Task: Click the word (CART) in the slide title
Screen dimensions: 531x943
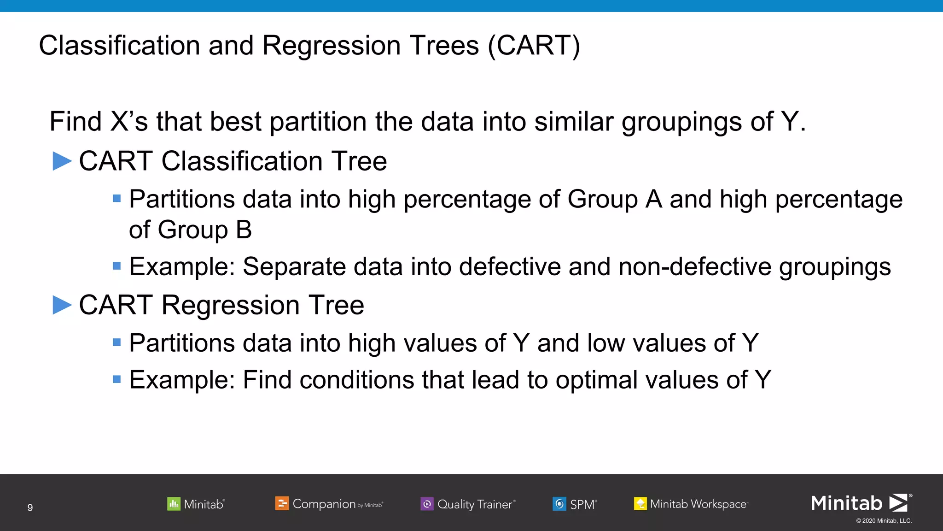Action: tap(534, 46)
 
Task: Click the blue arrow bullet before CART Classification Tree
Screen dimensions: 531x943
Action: tap(62, 161)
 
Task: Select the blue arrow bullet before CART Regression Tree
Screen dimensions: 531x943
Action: tap(62, 305)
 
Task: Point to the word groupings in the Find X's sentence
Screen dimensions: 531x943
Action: tap(682, 122)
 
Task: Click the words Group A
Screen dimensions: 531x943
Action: tap(615, 200)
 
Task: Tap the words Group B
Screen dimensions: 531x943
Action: tap(205, 230)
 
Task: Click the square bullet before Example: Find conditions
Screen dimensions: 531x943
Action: tap(117, 380)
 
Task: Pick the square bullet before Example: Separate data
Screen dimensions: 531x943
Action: tap(117, 266)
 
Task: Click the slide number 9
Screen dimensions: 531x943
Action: tap(30, 507)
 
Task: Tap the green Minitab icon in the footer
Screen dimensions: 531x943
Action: tap(174, 504)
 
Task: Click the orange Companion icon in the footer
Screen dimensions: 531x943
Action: tap(282, 503)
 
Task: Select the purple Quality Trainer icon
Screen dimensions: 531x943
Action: tap(427, 504)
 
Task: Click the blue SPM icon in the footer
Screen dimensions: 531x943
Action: tap(559, 504)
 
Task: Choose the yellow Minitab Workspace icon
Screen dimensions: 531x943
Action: tap(640, 504)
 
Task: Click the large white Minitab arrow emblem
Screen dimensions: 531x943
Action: tap(898, 502)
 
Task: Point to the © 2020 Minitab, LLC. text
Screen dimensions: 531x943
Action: tap(884, 521)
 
